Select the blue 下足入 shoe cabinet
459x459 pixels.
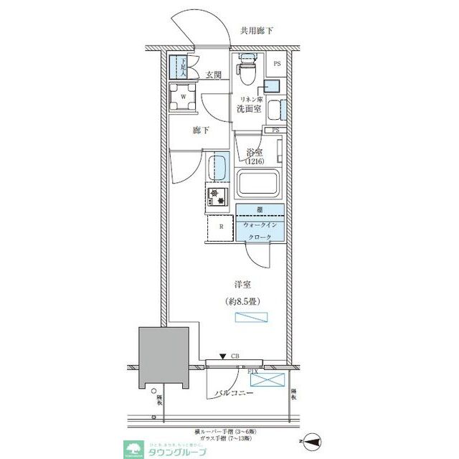click(178, 67)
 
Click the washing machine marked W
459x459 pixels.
click(183, 96)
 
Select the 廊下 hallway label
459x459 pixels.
click(201, 131)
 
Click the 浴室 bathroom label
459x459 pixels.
click(255, 152)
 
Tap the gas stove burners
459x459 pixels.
click(217, 196)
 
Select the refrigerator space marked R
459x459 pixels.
click(221, 227)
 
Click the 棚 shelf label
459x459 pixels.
click(260, 210)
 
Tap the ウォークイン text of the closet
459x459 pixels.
click(260, 224)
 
